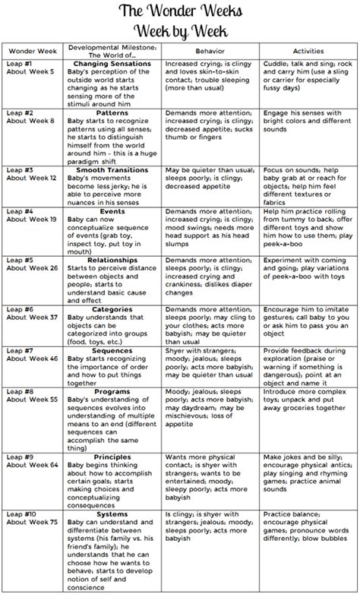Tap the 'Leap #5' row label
coord(19,261)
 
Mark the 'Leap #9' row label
coord(19,459)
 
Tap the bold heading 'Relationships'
coord(115,261)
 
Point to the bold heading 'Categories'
coord(115,309)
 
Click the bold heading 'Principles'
coord(115,459)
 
